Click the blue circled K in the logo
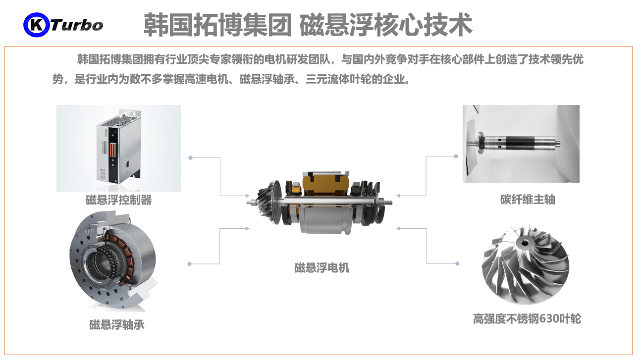point(36,25)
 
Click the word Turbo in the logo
point(77,25)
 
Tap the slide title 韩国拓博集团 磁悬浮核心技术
point(308,25)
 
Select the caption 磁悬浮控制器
point(119,200)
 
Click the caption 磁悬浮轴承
point(117,325)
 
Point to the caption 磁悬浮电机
point(321,268)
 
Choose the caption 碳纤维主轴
point(528,200)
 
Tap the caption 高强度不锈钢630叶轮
point(527,319)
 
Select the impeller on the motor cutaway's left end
point(267,201)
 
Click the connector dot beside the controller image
point(191,157)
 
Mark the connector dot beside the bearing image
point(189,264)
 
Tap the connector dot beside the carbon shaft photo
point(456,156)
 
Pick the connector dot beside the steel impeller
point(457,263)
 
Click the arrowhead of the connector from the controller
point(248,196)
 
